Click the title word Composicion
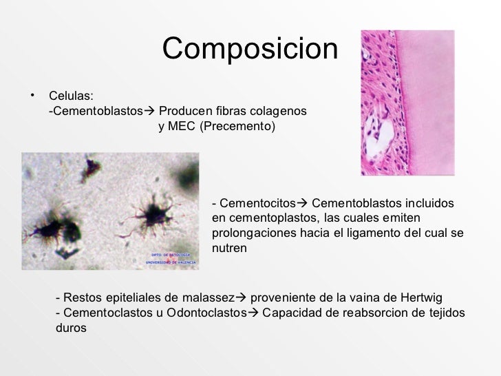coord(250,48)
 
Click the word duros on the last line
coord(71,328)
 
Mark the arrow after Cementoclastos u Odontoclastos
coord(251,313)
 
